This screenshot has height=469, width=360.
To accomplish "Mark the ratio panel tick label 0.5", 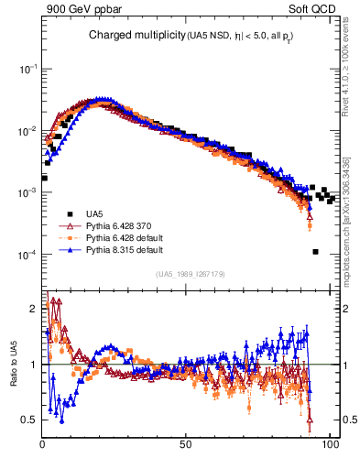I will click(x=30, y=420).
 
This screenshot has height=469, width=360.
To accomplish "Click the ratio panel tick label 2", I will click(x=35, y=309).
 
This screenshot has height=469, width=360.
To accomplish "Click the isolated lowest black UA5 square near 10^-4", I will click(x=315, y=252).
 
